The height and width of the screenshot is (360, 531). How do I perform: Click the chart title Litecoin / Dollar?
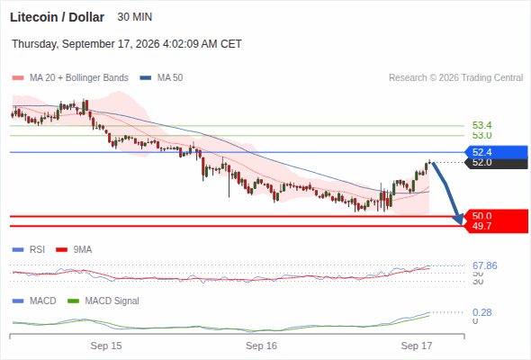tap(57, 17)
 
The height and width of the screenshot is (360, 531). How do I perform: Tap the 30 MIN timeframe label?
tap(134, 17)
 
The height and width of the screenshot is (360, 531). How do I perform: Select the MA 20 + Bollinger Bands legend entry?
tap(70, 78)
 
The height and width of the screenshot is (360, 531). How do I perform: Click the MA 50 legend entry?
tap(161, 78)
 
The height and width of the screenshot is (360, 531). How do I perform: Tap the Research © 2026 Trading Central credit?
tap(455, 78)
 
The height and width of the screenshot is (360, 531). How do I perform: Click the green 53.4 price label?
tap(481, 125)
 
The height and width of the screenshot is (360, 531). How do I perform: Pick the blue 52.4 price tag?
tap(496, 152)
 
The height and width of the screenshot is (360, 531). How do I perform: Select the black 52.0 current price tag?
tap(496, 163)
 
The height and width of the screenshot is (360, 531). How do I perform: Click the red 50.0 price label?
tap(481, 216)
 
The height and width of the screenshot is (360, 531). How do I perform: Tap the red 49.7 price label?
tap(481, 226)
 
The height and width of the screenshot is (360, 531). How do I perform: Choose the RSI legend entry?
tap(29, 249)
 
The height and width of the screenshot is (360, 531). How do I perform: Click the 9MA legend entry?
tap(74, 249)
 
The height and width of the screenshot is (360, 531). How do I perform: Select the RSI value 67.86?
tap(485, 265)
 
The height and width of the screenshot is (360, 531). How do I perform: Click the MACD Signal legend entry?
tap(103, 301)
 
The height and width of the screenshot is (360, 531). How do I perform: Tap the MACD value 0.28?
tap(481, 312)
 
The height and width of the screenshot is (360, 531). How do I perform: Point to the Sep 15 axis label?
tap(106, 346)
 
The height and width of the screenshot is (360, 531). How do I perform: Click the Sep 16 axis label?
tap(261, 346)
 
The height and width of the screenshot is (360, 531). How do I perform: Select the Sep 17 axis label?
tap(417, 346)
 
